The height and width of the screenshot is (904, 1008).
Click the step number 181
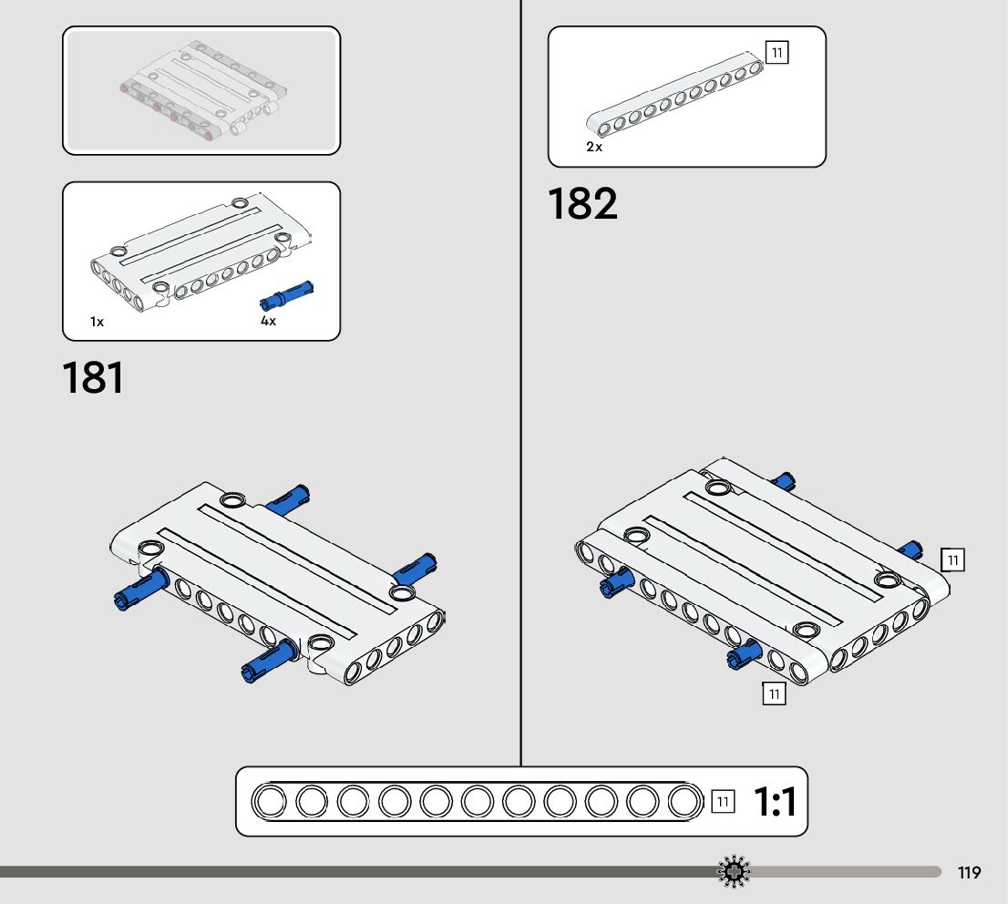pyautogui.click(x=93, y=378)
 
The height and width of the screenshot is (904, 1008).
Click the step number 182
pyautogui.click(x=582, y=204)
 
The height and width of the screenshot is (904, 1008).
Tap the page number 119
pyautogui.click(x=970, y=873)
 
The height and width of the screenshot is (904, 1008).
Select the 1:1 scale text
pyautogui.click(x=775, y=803)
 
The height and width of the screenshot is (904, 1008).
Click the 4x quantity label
pyautogui.click(x=268, y=322)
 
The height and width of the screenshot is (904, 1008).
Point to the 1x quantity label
pyautogui.click(x=97, y=322)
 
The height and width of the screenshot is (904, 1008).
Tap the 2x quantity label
pyautogui.click(x=594, y=146)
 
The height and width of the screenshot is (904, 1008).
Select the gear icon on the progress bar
pyautogui.click(x=734, y=872)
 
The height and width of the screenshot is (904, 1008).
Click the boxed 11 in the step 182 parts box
pyautogui.click(x=777, y=53)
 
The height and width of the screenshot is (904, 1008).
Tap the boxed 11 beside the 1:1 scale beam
pyautogui.click(x=722, y=802)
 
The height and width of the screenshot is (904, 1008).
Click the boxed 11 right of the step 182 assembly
pyautogui.click(x=952, y=560)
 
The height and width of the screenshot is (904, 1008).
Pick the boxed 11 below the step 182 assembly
pyautogui.click(x=774, y=694)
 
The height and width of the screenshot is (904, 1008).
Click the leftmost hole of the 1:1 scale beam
pyautogui.click(x=270, y=802)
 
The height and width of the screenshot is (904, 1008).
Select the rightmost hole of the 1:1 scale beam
pyautogui.click(x=684, y=802)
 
